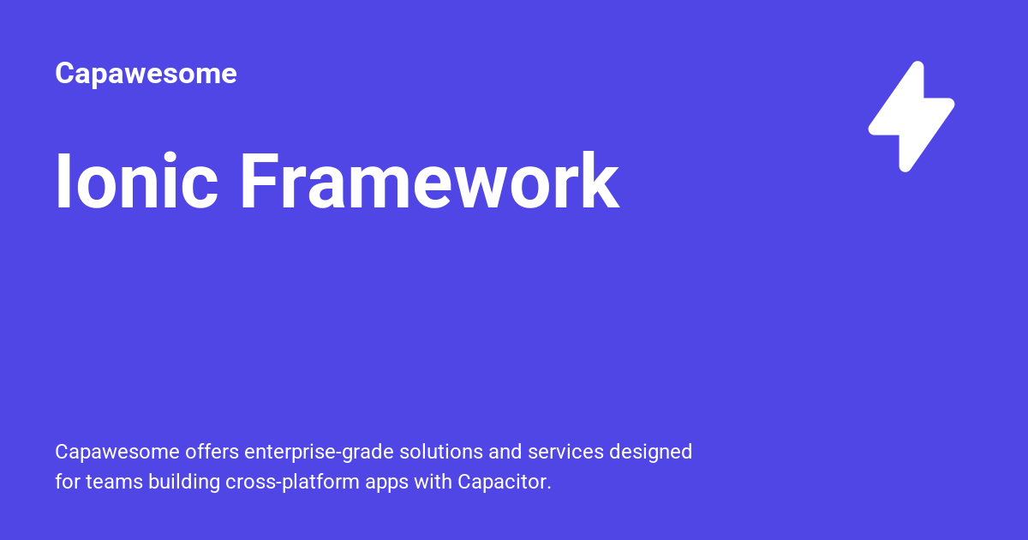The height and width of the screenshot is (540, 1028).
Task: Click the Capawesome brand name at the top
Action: tap(146, 74)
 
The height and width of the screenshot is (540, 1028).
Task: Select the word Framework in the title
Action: tap(428, 182)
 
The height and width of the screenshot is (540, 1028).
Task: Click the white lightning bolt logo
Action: tap(911, 116)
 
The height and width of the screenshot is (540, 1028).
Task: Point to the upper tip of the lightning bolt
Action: tap(917, 67)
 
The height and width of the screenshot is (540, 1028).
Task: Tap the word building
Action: tap(184, 483)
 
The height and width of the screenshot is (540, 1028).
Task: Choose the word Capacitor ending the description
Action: tap(504, 483)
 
